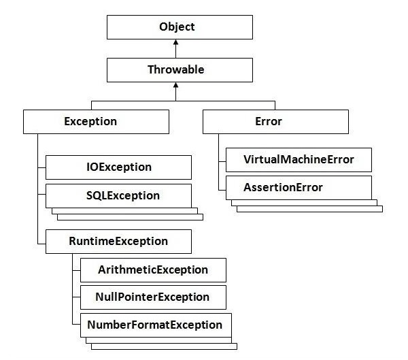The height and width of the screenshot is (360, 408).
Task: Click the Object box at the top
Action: (x=177, y=27)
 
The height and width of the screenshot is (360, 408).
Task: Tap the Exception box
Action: (x=96, y=122)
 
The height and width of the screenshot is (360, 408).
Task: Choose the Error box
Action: (x=275, y=122)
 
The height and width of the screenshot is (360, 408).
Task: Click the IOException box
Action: (x=118, y=167)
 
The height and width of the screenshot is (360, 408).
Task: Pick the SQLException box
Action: (x=118, y=195)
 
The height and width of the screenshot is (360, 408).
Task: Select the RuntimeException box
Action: (x=118, y=241)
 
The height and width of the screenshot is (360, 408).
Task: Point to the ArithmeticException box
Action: (x=153, y=269)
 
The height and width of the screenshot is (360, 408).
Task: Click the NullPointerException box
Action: (x=153, y=297)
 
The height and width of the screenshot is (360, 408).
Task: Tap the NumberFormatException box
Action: (x=155, y=325)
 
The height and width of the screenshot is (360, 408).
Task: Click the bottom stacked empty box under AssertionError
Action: (x=309, y=208)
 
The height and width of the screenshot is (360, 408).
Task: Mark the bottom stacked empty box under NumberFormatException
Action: (x=163, y=346)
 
